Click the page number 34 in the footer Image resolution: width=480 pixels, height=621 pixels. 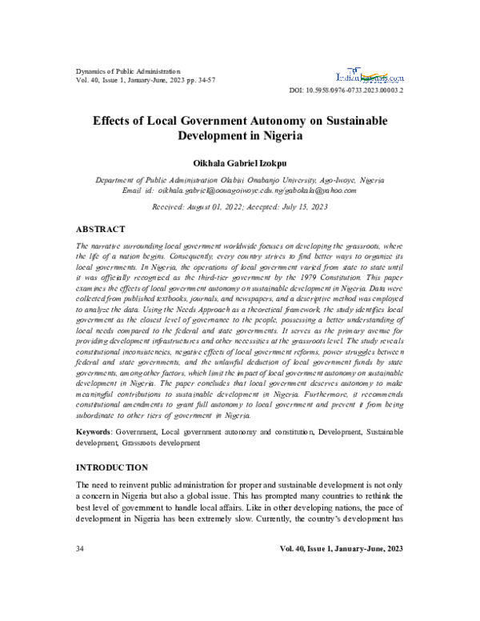coord(80,549)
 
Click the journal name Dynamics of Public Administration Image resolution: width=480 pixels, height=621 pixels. coord(128,71)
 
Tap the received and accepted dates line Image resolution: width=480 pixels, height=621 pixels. coord(239,206)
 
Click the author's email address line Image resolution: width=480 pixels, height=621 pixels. coord(239,191)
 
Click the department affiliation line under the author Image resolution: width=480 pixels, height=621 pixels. coord(239,181)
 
